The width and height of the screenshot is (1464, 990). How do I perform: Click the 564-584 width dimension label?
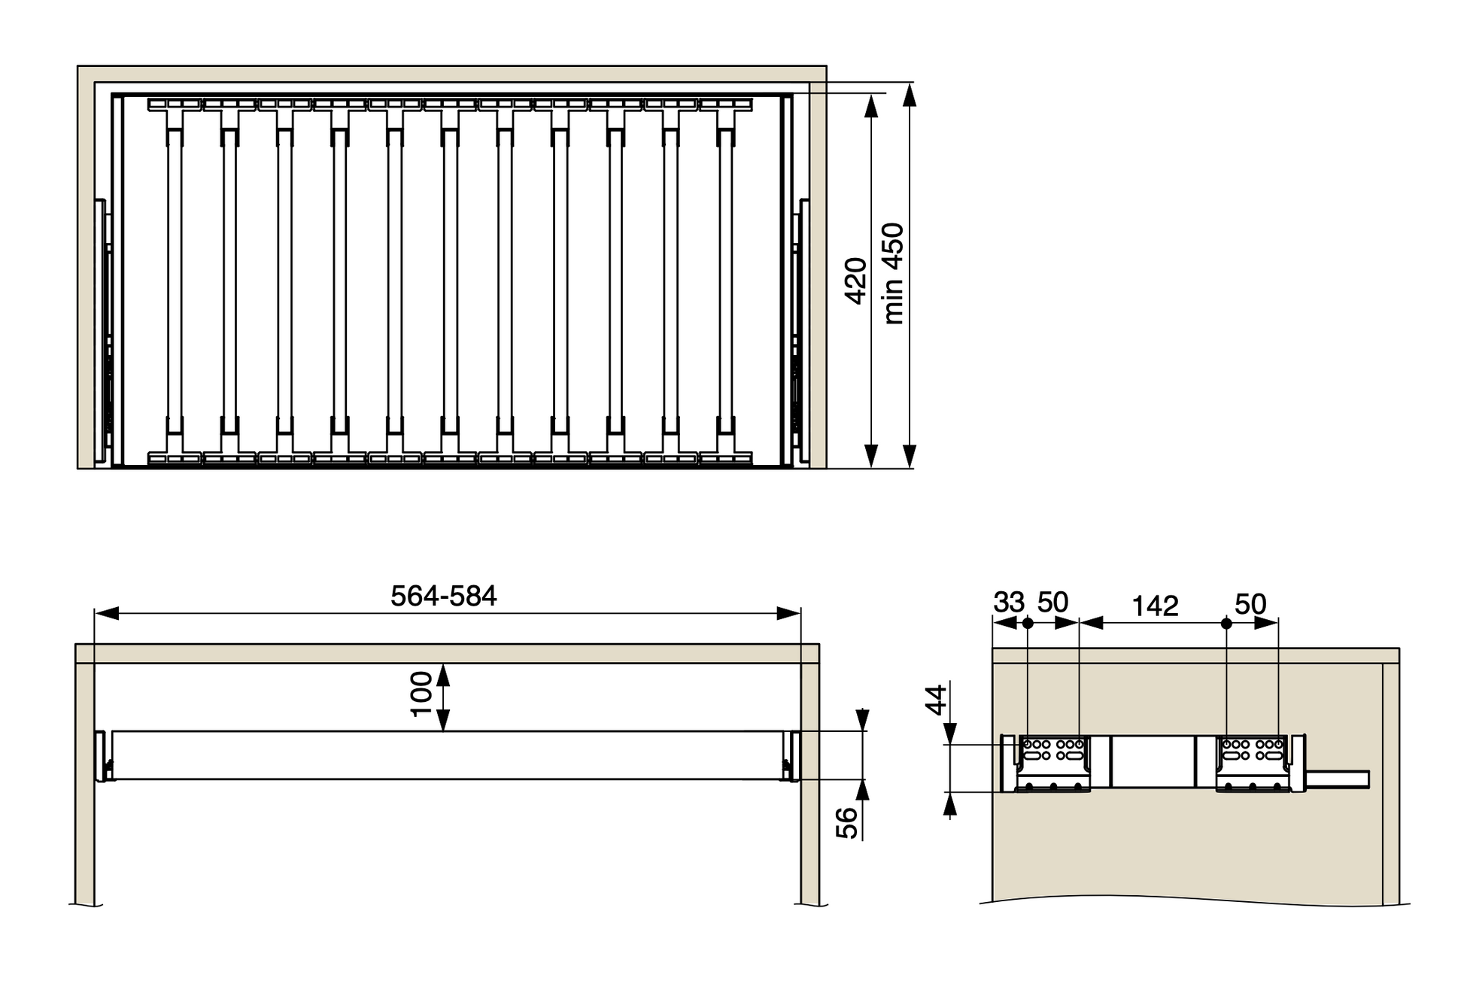443,597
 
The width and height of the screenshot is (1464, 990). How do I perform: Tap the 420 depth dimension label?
856,281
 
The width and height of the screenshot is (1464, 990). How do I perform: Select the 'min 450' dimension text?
894,274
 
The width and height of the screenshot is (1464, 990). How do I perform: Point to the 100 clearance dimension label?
421,694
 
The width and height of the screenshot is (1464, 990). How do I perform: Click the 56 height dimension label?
847,823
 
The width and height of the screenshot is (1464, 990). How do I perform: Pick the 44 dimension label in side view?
936,700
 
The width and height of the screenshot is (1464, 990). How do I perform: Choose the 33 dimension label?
1009,603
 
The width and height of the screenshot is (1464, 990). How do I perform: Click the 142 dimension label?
1155,606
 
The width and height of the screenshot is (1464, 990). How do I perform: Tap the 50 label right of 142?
1250,603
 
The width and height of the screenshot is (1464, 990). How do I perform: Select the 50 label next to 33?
1052,603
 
